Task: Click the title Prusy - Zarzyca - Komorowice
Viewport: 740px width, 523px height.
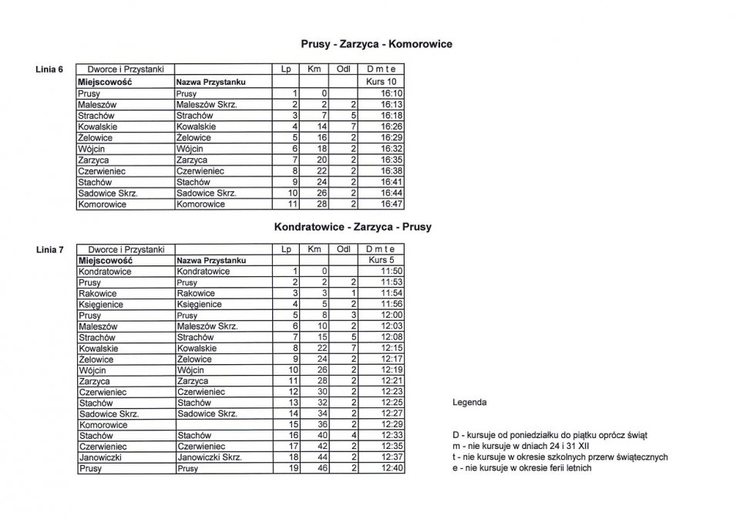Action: pos(376,45)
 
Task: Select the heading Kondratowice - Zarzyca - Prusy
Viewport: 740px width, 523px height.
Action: pos(352,228)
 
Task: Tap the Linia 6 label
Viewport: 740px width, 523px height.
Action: pos(50,69)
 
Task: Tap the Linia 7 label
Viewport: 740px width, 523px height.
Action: pos(50,250)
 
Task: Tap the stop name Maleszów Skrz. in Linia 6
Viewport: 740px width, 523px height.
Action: pos(206,104)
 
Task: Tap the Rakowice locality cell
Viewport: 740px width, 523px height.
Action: pos(97,294)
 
